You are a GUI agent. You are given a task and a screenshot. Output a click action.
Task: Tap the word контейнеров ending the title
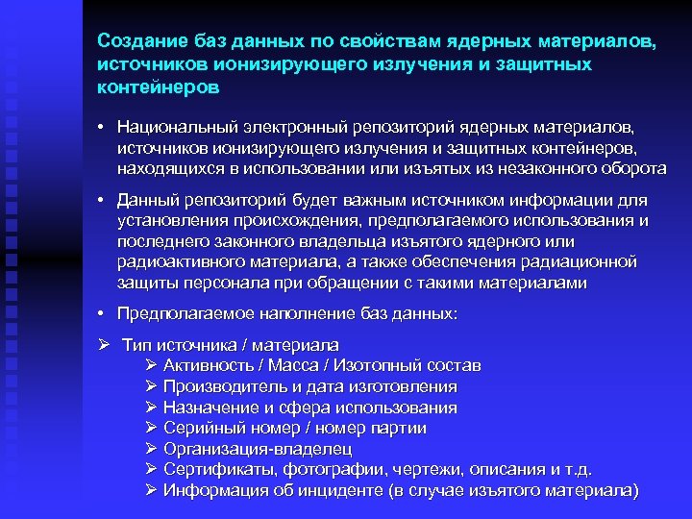coord(159,86)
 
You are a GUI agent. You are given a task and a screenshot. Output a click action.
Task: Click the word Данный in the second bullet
coord(145,200)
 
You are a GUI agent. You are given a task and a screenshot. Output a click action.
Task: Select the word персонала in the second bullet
coord(224,283)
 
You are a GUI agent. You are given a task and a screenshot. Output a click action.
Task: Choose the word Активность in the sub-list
coord(204,366)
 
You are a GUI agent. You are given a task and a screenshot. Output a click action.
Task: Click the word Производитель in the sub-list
coord(218,386)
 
